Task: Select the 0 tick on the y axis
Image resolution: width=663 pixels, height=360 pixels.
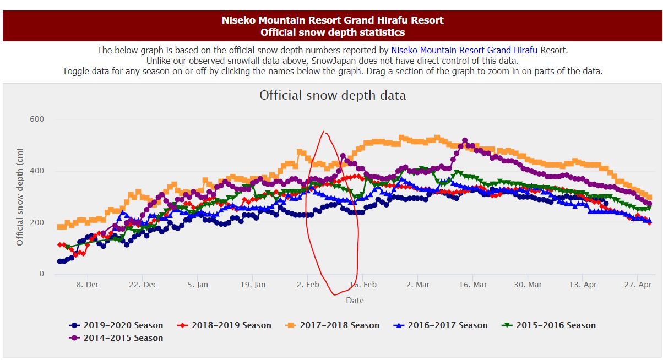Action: (40, 274)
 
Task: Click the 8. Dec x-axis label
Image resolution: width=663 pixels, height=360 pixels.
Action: (88, 285)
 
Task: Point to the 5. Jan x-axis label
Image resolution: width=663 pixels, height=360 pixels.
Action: (198, 285)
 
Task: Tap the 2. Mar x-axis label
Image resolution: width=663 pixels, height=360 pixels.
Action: (418, 285)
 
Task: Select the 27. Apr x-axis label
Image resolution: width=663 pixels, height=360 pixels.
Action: (638, 285)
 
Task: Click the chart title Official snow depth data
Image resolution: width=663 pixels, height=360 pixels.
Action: (333, 95)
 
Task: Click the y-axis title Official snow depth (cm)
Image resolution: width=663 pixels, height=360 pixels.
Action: (20, 197)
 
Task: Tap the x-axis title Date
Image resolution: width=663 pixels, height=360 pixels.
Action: (355, 300)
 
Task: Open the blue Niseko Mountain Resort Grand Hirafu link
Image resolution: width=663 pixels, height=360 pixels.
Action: (464, 50)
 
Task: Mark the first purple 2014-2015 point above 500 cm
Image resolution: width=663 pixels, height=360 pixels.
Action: (464, 141)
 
